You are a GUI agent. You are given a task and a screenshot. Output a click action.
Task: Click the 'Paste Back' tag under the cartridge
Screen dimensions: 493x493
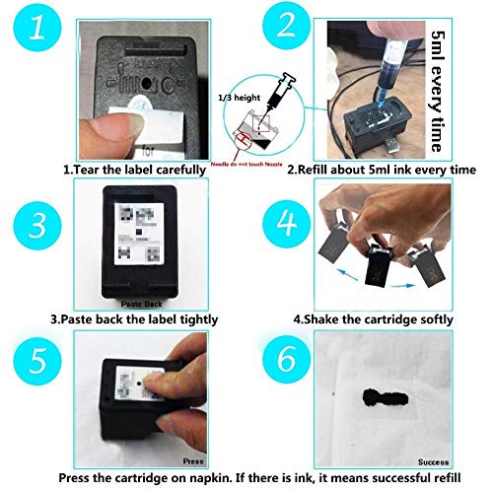(x=138, y=306)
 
